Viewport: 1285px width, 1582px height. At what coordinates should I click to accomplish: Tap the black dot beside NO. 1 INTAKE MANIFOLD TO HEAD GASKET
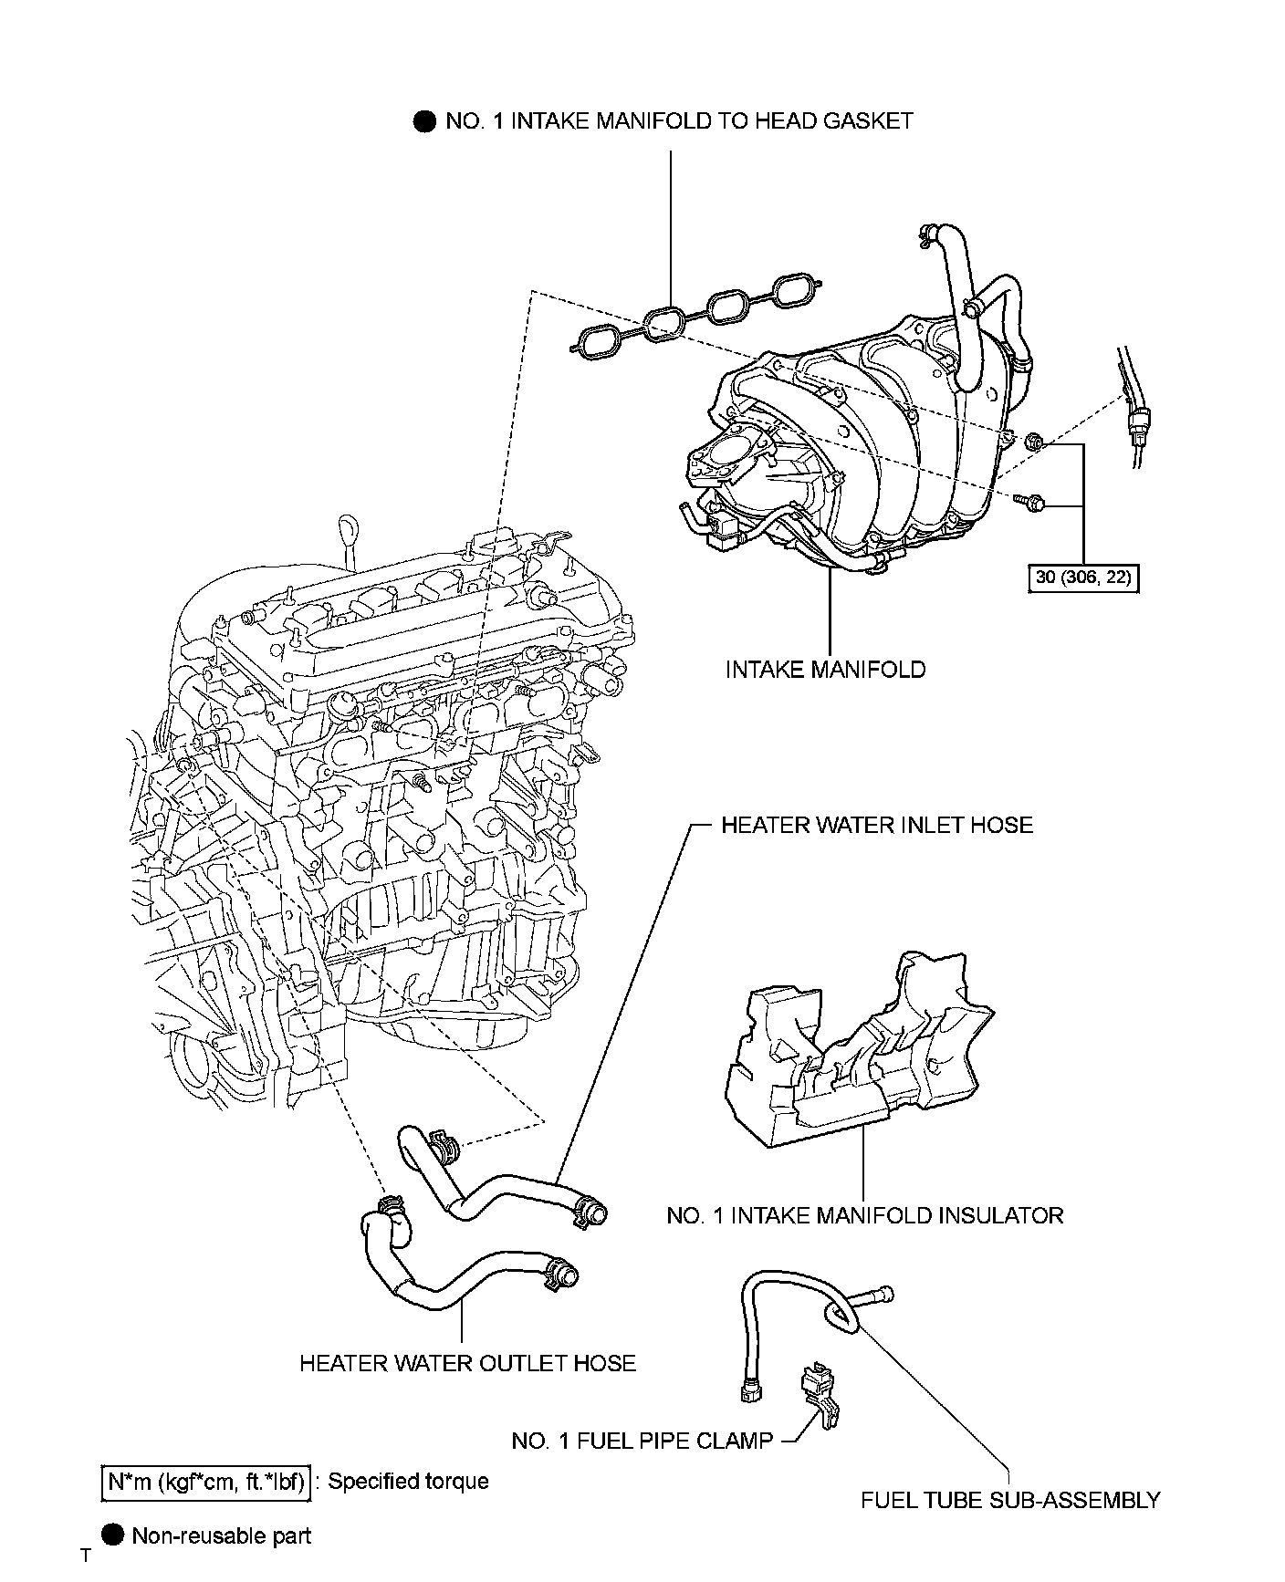click(424, 121)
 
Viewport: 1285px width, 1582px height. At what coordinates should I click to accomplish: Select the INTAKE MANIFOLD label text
click(825, 670)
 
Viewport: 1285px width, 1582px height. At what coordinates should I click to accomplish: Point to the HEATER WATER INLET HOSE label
click(877, 826)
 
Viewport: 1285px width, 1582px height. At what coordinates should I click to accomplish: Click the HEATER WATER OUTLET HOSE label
click(467, 1363)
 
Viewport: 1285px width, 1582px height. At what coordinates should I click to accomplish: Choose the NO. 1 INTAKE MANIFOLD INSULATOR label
click(864, 1215)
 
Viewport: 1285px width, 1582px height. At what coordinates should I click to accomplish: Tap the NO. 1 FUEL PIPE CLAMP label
click(642, 1441)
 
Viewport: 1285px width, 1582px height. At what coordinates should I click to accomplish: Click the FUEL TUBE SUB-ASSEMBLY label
click(1010, 1500)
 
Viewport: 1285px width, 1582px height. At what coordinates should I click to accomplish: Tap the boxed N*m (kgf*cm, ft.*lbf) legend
click(205, 1481)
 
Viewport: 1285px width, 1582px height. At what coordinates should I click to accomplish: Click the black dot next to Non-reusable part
click(112, 1535)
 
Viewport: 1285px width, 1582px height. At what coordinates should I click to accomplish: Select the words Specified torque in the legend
click(408, 1481)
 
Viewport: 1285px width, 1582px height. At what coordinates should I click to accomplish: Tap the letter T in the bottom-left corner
click(86, 1556)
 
